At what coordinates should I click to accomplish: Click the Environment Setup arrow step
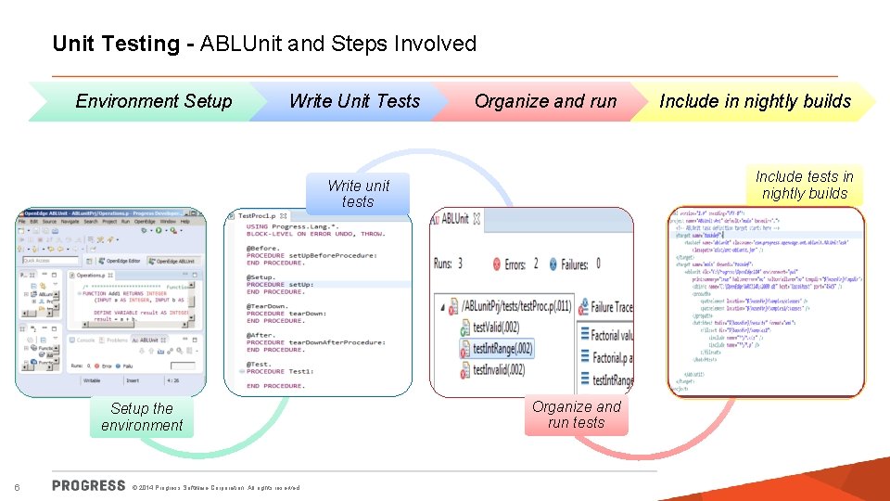pyautogui.click(x=153, y=101)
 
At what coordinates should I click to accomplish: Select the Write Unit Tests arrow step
pyautogui.click(x=354, y=101)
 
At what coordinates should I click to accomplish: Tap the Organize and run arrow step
pyautogui.click(x=545, y=101)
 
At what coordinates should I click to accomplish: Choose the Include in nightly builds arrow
pyautogui.click(x=755, y=101)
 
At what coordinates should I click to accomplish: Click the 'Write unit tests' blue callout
pyautogui.click(x=358, y=194)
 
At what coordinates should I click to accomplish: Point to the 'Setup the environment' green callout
pyautogui.click(x=142, y=417)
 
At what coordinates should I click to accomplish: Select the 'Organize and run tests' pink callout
pyautogui.click(x=576, y=415)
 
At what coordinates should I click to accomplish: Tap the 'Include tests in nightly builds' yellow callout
pyautogui.click(x=804, y=185)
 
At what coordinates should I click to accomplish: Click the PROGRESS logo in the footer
pyautogui.click(x=89, y=485)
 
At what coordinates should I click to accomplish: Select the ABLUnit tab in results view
pyautogui.click(x=454, y=219)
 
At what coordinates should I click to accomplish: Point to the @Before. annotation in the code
pyautogui.click(x=263, y=249)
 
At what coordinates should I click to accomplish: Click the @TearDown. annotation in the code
pyautogui.click(x=268, y=306)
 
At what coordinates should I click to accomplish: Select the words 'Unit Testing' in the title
pyautogui.click(x=116, y=44)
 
